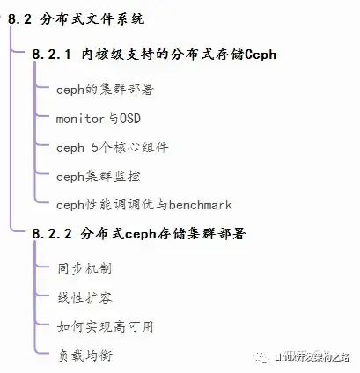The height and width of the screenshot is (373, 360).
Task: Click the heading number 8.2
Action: (19, 19)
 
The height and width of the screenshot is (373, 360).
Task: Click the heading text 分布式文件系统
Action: (92, 19)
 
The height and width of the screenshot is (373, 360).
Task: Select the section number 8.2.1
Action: (52, 55)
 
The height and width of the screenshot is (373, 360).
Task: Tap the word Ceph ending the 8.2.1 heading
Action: (261, 55)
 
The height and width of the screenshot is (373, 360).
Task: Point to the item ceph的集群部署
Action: (105, 90)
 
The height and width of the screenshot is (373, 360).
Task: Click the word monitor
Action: (80, 119)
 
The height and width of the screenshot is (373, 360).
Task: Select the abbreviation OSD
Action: (129, 119)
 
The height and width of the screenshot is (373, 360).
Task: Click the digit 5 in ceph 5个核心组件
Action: (94, 148)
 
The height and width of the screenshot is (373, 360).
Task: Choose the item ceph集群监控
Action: (98, 177)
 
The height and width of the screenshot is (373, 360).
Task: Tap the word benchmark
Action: (201, 205)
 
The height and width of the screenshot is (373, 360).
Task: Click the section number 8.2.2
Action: (52, 234)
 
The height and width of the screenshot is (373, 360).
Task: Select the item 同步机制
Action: (84, 268)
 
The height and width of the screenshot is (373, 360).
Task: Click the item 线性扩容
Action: (84, 297)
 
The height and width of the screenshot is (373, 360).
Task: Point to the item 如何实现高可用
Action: (106, 326)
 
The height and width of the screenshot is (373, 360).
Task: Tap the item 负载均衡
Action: (85, 355)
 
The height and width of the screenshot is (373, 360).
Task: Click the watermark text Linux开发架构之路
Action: (312, 357)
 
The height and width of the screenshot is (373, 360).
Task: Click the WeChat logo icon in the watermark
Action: (261, 357)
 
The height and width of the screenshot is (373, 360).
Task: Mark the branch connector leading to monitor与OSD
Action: (41, 115)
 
